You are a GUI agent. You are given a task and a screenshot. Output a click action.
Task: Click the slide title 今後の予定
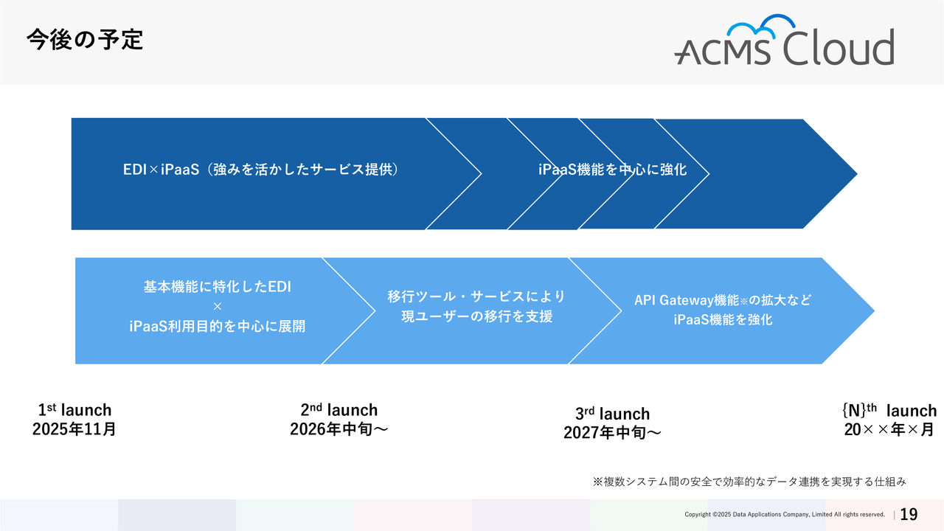pyautogui.click(x=85, y=40)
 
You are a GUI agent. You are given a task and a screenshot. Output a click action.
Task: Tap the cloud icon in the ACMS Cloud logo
pyautogui.click(x=761, y=26)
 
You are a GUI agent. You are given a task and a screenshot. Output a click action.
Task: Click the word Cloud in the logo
pyautogui.click(x=839, y=46)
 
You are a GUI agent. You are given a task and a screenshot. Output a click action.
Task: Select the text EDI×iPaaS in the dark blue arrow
pyautogui.click(x=161, y=170)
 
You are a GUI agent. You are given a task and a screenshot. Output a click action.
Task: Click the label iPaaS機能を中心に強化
pyautogui.click(x=612, y=170)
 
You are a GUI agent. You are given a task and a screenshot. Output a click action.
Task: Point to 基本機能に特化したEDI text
pyautogui.click(x=218, y=287)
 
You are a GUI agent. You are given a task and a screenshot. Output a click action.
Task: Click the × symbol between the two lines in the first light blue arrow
pyautogui.click(x=218, y=306)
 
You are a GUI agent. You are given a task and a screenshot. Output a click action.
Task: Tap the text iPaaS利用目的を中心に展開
pyautogui.click(x=218, y=326)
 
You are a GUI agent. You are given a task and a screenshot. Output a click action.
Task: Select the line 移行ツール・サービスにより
pyautogui.click(x=476, y=296)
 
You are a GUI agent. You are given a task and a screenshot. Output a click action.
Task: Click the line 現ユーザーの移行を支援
pyautogui.click(x=476, y=316)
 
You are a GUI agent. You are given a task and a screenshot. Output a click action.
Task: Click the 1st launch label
pyautogui.click(x=74, y=409)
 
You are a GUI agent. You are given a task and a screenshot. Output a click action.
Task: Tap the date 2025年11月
pyautogui.click(x=74, y=429)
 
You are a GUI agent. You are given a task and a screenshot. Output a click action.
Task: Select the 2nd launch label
pyautogui.click(x=339, y=409)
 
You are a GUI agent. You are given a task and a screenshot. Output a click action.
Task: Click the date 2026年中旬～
pyautogui.click(x=339, y=429)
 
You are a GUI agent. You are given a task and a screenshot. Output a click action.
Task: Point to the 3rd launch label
pyautogui.click(x=612, y=414)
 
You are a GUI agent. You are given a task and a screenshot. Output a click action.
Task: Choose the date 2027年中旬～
pyautogui.click(x=612, y=433)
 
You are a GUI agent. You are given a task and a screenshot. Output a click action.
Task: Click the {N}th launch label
pyautogui.click(x=889, y=410)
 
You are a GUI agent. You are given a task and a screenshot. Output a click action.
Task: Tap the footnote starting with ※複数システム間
pyautogui.click(x=749, y=482)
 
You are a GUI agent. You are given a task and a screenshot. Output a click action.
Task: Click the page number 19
pyautogui.click(x=909, y=514)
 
